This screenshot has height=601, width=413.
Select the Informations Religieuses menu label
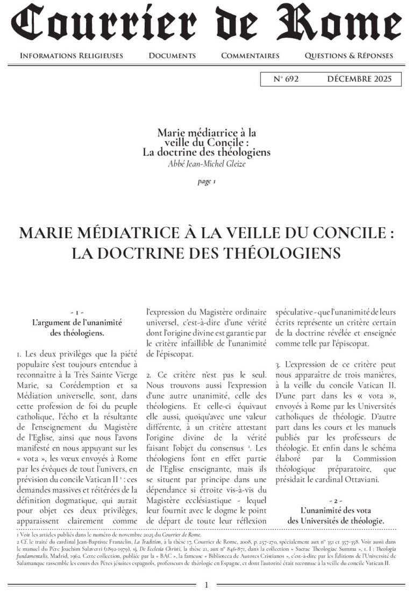pyautogui.click(x=72, y=55)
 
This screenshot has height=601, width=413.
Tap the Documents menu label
pyautogui.click(x=172, y=55)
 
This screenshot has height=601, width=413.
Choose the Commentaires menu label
pyautogui.click(x=250, y=55)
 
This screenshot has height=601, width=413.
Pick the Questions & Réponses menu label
pyautogui.click(x=348, y=55)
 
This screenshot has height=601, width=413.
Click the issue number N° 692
pyautogui.click(x=286, y=79)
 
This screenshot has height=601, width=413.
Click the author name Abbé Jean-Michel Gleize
pyautogui.click(x=206, y=164)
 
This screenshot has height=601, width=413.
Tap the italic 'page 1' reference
pyautogui.click(x=206, y=181)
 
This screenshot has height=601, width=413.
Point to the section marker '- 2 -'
pyautogui.click(x=336, y=501)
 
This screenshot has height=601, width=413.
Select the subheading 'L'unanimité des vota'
pyautogui.click(x=336, y=511)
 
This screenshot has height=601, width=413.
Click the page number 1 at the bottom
pyautogui.click(x=206, y=585)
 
